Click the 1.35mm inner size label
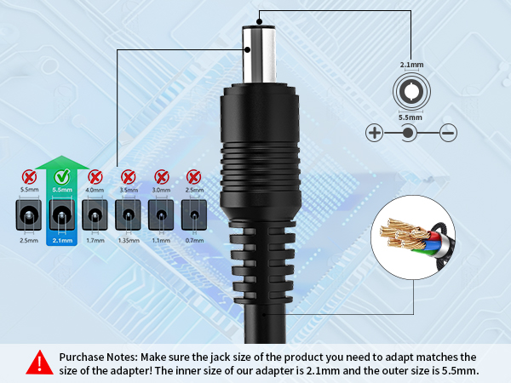click(128, 241)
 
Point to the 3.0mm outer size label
click(161, 190)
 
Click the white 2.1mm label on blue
click(60, 241)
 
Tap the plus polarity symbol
click(375, 132)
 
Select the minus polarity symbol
click(448, 132)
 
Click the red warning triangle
click(37, 363)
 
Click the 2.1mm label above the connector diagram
click(411, 65)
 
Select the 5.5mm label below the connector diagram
click(411, 117)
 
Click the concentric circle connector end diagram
click(411, 90)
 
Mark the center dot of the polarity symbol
click(410, 132)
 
